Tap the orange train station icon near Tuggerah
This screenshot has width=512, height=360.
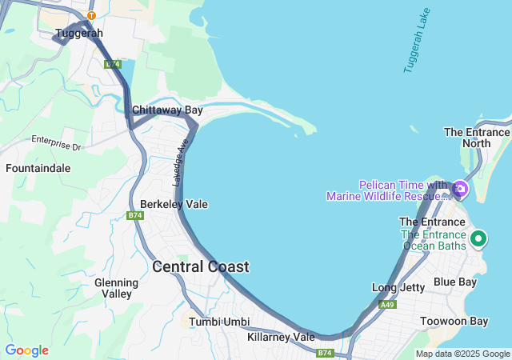click(x=91, y=15)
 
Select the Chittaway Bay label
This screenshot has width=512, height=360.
click(x=167, y=110)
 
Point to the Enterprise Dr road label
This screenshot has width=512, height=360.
click(x=57, y=142)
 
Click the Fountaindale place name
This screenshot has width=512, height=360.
click(x=38, y=169)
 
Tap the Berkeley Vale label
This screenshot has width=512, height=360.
click(x=174, y=204)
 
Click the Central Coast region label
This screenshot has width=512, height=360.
click(x=200, y=266)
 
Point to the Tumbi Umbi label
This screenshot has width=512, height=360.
click(x=219, y=322)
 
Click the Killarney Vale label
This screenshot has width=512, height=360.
click(x=281, y=337)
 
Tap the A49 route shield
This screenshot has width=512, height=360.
click(x=388, y=305)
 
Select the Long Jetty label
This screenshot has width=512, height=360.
click(x=398, y=287)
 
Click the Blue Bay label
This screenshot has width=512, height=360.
click(x=454, y=282)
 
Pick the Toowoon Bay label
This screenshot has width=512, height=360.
click(x=454, y=321)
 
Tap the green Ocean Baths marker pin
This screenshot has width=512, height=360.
click(x=478, y=238)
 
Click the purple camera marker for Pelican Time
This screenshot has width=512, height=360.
click(x=460, y=190)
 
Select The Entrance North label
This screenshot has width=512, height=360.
click(x=477, y=138)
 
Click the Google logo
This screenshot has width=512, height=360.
click(x=26, y=350)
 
